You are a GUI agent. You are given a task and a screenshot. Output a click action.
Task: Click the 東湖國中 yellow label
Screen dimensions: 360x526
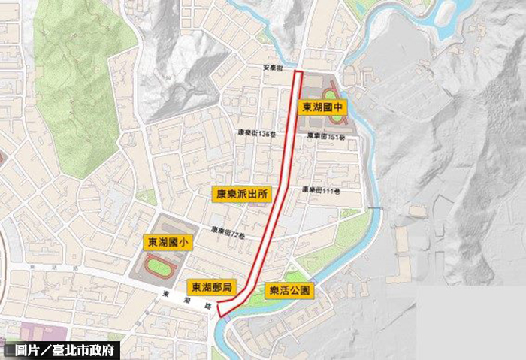click(x=322, y=107)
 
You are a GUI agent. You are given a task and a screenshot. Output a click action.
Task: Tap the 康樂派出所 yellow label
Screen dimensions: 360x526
click(x=239, y=193)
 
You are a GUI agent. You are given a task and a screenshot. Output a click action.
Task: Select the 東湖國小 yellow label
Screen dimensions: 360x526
click(x=164, y=242)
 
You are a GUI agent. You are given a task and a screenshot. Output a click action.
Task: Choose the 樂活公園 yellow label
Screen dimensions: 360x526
click(x=289, y=289)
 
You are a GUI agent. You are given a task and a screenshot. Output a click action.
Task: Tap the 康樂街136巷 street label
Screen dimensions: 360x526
click(x=258, y=132)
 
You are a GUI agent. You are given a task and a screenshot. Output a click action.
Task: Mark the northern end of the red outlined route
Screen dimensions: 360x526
click(x=298, y=73)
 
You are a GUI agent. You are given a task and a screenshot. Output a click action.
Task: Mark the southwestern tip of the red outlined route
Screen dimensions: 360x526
click(x=219, y=310)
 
